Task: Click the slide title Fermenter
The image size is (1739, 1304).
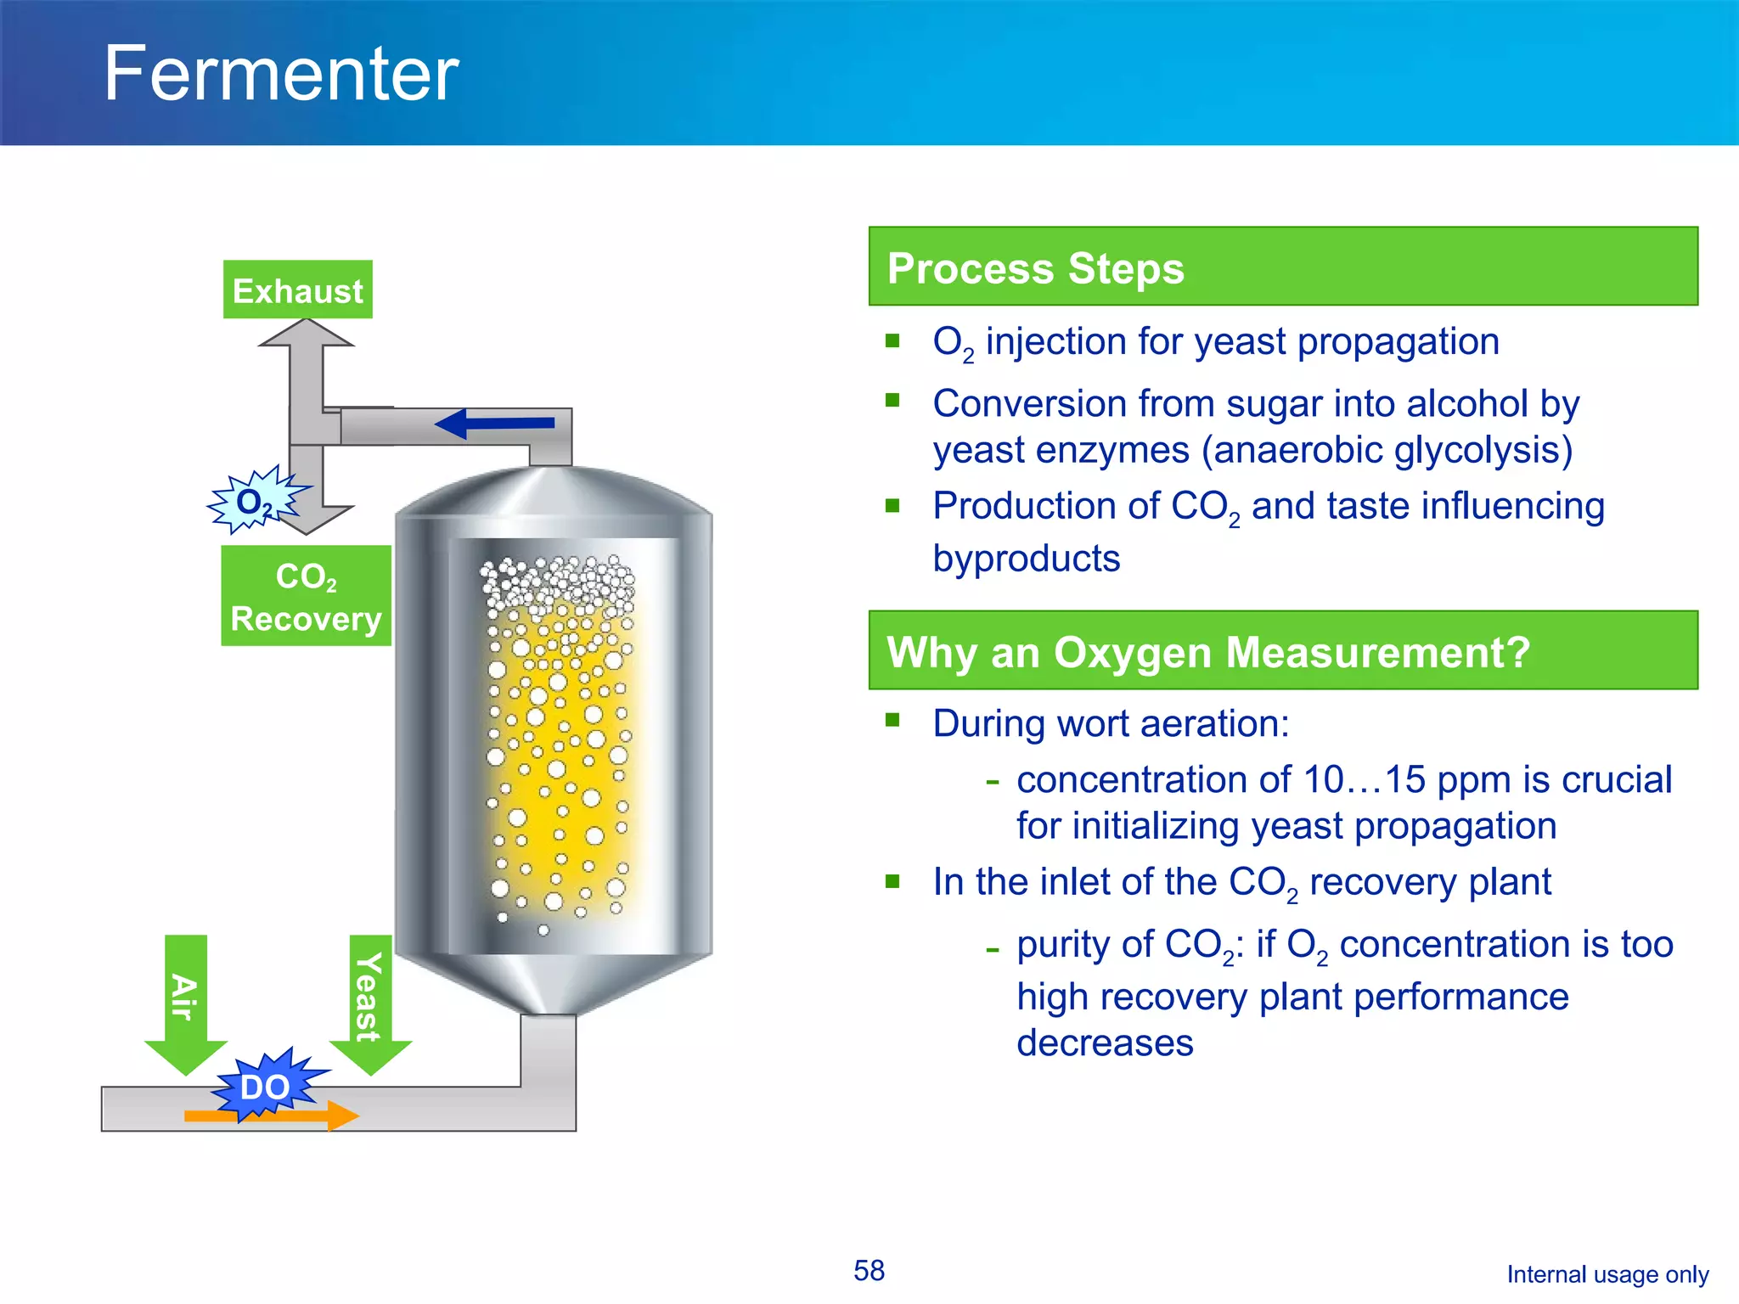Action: point(281,75)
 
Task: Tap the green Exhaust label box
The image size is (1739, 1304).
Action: point(297,290)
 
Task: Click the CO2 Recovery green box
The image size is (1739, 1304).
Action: point(306,596)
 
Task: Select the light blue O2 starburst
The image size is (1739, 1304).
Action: point(253,501)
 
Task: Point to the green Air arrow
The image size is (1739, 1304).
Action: point(185,1002)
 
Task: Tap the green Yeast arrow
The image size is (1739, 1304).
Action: point(370,1002)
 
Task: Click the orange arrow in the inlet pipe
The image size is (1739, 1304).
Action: point(272,1116)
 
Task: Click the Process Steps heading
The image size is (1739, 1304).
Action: point(1035,268)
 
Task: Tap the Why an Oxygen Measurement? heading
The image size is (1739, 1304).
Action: point(1207,652)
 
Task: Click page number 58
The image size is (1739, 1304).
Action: point(869,1271)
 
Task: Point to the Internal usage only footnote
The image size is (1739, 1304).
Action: point(1607,1274)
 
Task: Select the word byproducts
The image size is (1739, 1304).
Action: point(1026,559)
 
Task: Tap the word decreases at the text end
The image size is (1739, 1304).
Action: point(1105,1043)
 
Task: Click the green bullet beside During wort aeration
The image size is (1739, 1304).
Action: point(892,721)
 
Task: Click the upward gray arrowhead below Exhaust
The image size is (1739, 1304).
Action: point(306,334)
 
